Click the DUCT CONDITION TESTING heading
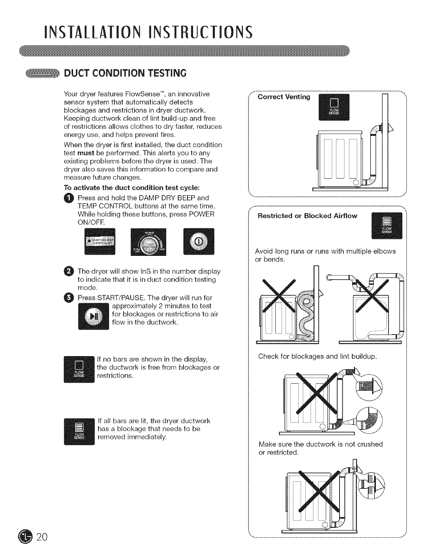point(124,73)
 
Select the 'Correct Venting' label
point(284,97)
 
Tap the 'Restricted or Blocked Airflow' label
point(307,216)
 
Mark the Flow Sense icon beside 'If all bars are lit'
point(79,431)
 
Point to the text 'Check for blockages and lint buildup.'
point(318,356)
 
